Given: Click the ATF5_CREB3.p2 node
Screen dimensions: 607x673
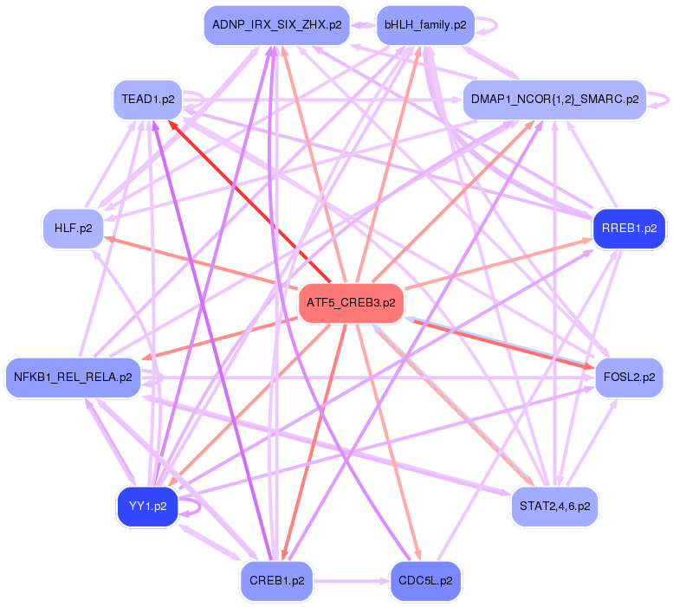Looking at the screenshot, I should [x=351, y=303].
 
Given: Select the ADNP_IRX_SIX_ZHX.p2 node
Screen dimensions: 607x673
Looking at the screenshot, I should [x=275, y=25].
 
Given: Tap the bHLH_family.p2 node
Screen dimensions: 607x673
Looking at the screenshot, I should [x=425, y=25].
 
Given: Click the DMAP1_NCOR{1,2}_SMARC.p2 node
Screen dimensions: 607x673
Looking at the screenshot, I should [x=554, y=100].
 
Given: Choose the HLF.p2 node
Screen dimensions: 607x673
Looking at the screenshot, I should [x=73, y=229].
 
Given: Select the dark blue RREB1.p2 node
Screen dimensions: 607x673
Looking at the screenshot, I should [x=628, y=229].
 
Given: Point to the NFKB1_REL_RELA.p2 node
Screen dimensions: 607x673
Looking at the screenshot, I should [x=74, y=378].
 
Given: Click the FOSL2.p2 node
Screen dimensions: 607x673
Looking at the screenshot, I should [x=629, y=378].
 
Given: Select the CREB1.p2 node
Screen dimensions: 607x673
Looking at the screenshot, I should [x=276, y=581].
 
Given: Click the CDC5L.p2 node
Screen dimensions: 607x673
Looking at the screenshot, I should [x=425, y=581].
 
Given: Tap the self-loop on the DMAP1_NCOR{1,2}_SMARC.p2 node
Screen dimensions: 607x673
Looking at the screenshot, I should [x=661, y=99].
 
